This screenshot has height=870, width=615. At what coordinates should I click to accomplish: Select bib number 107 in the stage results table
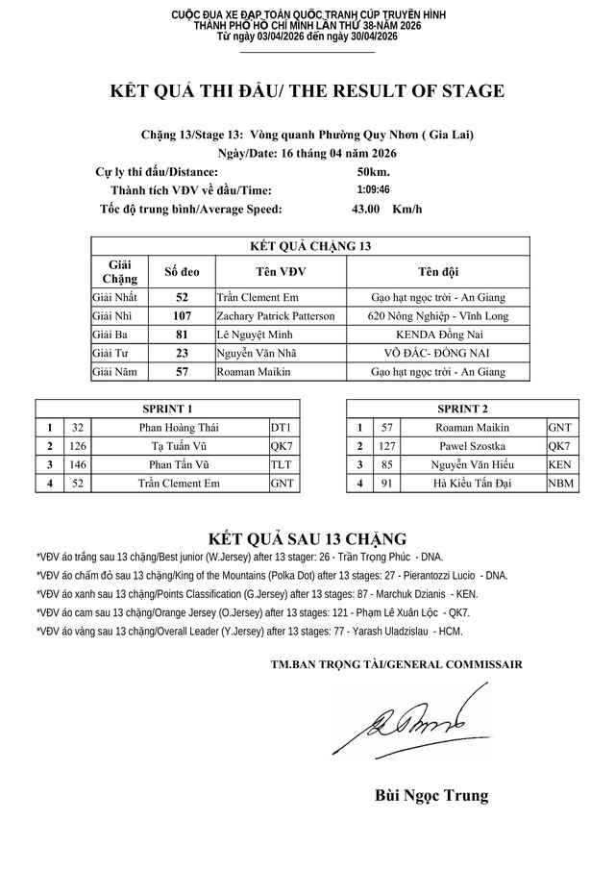(x=183, y=315)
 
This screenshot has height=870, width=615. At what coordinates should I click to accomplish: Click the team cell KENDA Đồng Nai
(x=437, y=334)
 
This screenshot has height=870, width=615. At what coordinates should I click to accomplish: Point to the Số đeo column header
(x=183, y=271)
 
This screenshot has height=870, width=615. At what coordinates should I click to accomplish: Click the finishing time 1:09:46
(x=374, y=190)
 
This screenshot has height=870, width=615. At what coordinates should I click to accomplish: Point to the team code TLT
(x=282, y=464)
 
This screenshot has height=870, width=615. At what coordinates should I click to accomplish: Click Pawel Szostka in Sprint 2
(x=472, y=446)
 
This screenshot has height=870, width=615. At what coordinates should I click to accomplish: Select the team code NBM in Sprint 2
(x=560, y=484)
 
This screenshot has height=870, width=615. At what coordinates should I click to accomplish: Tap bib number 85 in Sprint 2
(x=388, y=464)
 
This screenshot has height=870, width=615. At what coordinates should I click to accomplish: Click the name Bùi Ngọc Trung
(x=431, y=795)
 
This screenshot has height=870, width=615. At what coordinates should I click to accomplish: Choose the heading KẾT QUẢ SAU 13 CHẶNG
(x=307, y=536)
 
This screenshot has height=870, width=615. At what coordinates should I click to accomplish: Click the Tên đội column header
(x=437, y=271)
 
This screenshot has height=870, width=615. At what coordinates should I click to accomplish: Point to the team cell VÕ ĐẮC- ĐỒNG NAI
(x=437, y=352)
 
